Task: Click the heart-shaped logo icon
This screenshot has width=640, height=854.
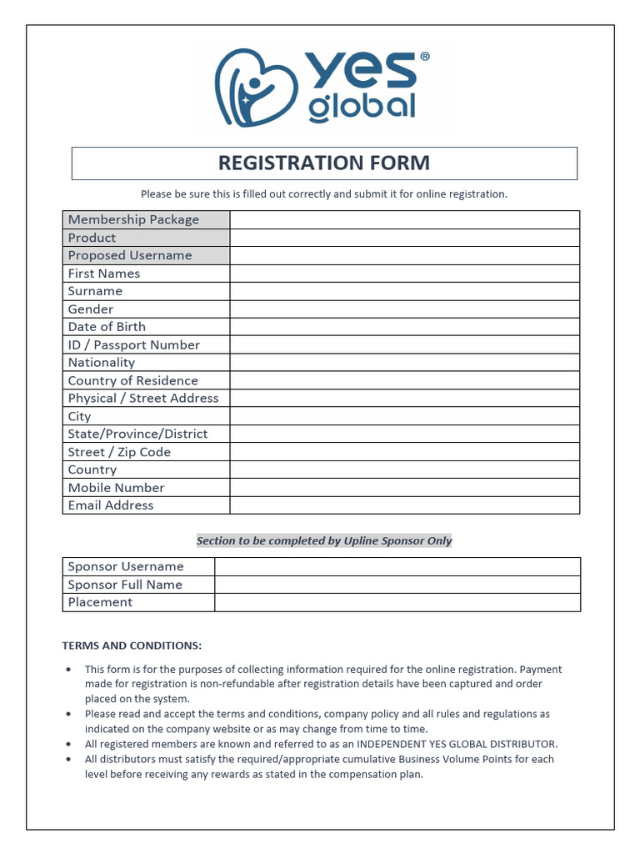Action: (250, 87)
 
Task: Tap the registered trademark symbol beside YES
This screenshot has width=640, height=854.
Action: (425, 57)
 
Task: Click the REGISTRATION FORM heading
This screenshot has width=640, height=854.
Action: (324, 163)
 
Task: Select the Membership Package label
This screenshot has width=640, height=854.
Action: (133, 219)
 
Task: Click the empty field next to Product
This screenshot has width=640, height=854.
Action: (404, 238)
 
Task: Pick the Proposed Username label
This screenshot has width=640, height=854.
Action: (130, 255)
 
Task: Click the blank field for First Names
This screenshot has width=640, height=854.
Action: (404, 274)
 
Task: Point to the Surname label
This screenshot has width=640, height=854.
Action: (95, 291)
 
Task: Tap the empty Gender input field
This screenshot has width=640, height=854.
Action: (404, 309)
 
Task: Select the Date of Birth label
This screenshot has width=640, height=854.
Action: (107, 327)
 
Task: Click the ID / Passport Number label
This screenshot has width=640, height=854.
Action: (134, 344)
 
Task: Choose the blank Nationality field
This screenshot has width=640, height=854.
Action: (404, 363)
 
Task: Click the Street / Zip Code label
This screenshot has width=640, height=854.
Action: (119, 452)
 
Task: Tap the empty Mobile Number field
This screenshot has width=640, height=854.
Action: (404, 487)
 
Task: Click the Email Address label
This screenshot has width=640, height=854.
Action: (111, 505)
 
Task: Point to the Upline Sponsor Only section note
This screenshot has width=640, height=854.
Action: (324, 540)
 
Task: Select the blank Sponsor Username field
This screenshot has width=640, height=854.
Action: (397, 566)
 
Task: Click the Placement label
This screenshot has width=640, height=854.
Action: (100, 602)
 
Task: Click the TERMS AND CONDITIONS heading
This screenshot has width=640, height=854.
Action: (132, 646)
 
